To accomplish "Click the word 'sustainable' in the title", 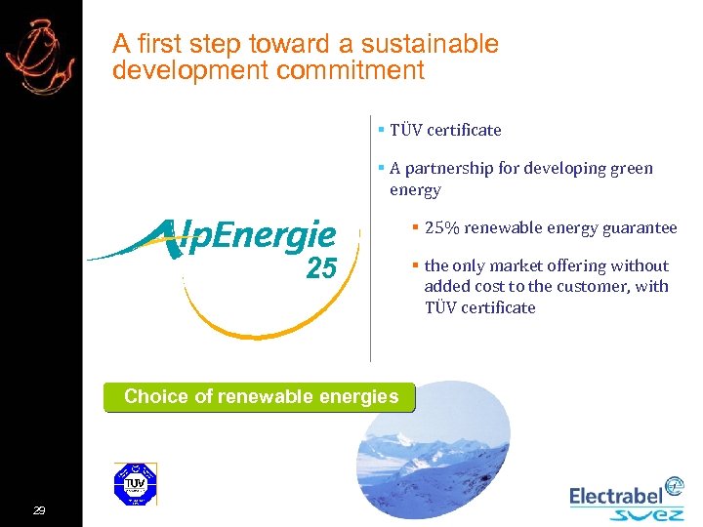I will tap(430, 44).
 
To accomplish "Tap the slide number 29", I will tap(39, 510).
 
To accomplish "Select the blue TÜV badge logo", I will tap(136, 484).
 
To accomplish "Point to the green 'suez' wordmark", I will tap(645, 514).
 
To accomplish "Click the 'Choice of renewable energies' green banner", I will tap(260, 397).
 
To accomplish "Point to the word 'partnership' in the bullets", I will tap(456, 168).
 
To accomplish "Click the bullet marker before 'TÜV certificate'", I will tap(381, 130).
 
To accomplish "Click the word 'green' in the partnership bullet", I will tap(631, 168).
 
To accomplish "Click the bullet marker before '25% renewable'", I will tap(416, 227).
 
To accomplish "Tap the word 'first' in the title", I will tap(155, 44).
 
